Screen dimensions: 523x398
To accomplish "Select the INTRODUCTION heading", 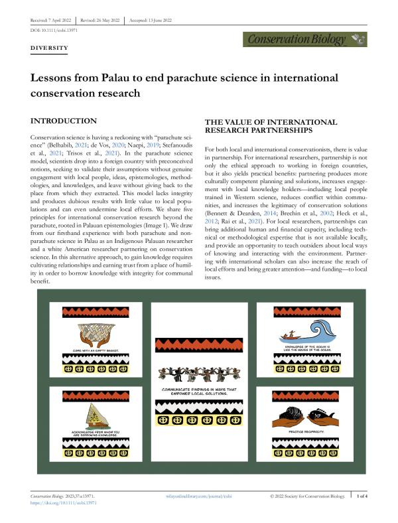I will pos(64,121).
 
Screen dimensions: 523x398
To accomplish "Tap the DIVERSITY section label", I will pos(50,48).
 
